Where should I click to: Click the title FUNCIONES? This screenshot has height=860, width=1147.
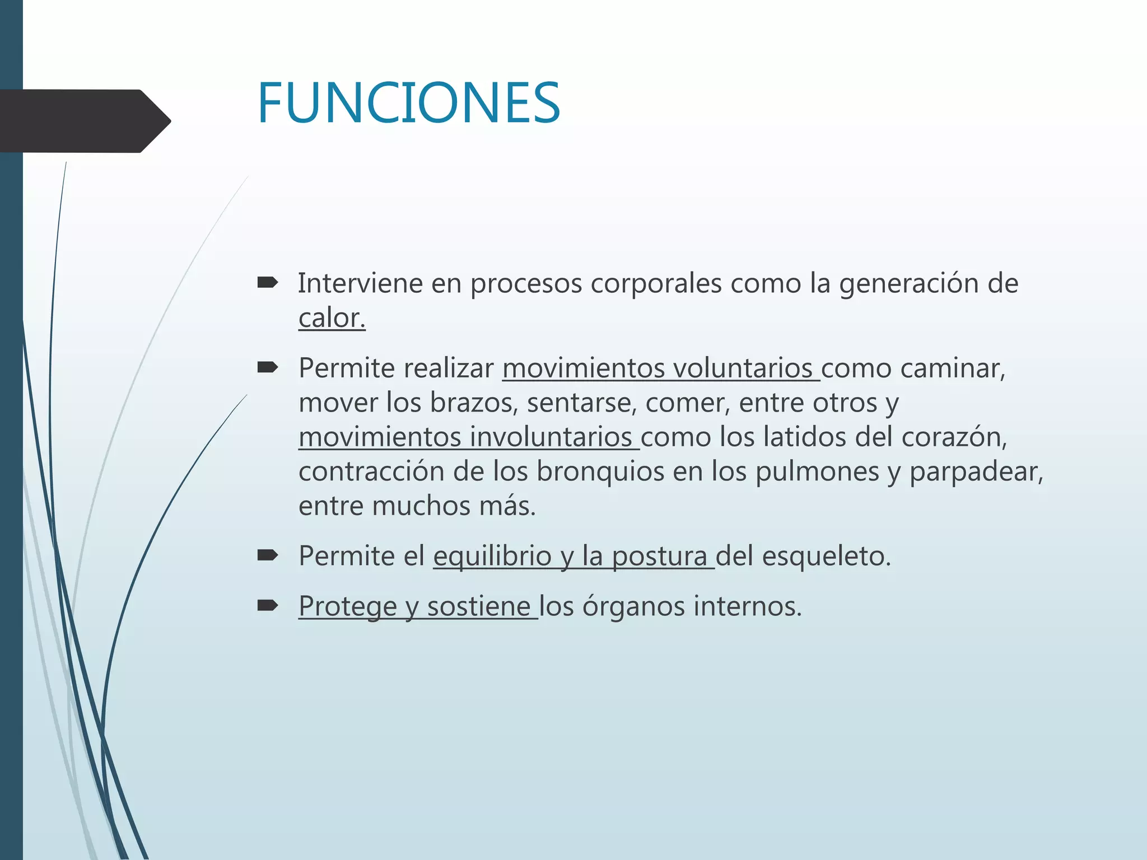[408, 104]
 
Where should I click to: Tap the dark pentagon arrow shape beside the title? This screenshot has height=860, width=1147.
[84, 121]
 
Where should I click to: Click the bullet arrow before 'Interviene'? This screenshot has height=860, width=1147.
[267, 283]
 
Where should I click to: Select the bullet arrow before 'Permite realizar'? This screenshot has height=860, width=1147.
[267, 368]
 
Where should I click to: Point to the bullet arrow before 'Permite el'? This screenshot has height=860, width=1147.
[267, 555]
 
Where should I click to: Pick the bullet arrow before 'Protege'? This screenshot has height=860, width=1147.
[267, 605]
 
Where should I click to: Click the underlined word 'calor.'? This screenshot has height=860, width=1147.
[332, 318]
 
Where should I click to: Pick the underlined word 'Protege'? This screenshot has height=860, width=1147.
[347, 606]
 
